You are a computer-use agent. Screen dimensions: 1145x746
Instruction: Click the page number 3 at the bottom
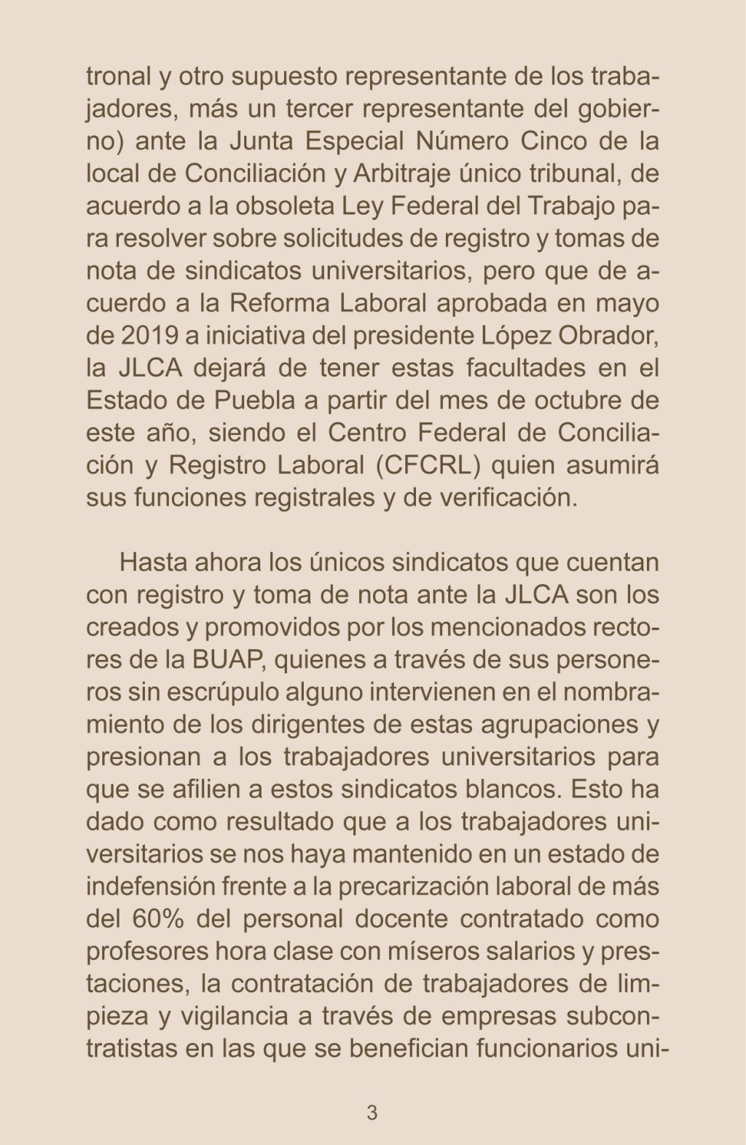click(372, 1113)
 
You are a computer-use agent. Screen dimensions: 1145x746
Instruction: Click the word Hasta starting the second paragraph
click(152, 563)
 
